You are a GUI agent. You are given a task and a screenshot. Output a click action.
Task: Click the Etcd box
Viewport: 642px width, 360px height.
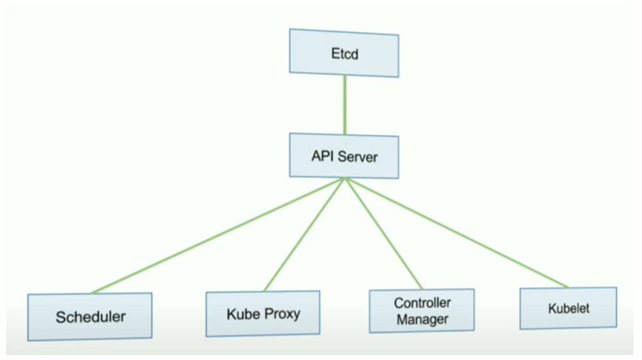click(x=344, y=53)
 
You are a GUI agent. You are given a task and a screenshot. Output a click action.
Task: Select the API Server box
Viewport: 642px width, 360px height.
click(x=344, y=156)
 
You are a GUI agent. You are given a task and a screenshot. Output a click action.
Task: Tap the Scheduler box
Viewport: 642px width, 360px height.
click(x=90, y=317)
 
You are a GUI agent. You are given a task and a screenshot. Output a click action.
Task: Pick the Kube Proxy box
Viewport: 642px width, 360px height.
click(x=263, y=314)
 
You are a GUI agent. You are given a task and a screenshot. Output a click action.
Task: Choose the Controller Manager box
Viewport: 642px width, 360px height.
click(x=422, y=311)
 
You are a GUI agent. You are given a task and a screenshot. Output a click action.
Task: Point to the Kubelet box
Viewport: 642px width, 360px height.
click(x=568, y=308)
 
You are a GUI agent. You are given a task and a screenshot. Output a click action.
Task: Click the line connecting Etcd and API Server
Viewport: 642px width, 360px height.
click(x=345, y=105)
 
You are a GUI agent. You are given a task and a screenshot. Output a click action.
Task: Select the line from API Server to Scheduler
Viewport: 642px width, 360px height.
click(x=218, y=235)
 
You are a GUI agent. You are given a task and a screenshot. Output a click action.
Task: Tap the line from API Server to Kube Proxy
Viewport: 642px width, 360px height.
click(x=304, y=235)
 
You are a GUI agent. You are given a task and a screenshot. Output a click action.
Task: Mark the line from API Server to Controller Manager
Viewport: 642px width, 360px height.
click(x=384, y=233)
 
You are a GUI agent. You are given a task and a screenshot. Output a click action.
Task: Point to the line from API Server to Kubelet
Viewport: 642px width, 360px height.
click(x=457, y=233)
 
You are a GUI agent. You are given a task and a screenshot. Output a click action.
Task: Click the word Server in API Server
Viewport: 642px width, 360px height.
click(x=357, y=157)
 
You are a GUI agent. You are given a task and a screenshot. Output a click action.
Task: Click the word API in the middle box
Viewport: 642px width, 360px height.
click(x=323, y=156)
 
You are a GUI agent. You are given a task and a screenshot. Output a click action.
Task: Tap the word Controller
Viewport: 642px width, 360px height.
click(x=422, y=303)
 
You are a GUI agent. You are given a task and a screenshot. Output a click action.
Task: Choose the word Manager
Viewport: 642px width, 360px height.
click(x=422, y=319)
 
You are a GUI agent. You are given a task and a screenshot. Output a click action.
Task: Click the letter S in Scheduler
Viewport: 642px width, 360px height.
click(x=61, y=317)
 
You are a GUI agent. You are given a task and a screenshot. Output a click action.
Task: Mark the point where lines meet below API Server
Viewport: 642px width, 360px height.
click(x=345, y=178)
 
